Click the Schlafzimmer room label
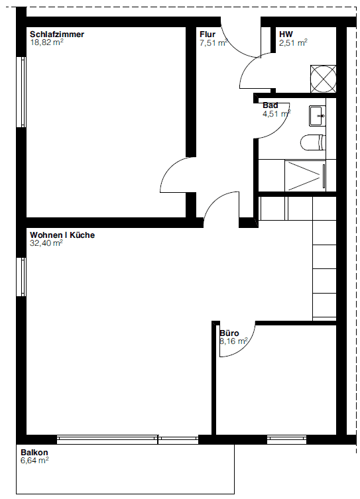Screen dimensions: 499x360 (x=57, y=34)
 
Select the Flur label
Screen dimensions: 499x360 (x=207, y=34)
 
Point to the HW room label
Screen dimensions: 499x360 (x=286, y=34)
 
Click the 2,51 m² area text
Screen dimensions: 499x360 (x=293, y=42)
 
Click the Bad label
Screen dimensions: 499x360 (x=270, y=105)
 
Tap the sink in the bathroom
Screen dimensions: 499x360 (x=317, y=115)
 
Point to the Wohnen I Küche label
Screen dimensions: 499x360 (x=62, y=235)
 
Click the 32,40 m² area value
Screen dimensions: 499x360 (x=46, y=243)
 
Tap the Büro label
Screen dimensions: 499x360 (x=229, y=333)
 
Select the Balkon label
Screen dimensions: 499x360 (x=34, y=453)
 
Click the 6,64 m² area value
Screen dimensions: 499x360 (x=34, y=461)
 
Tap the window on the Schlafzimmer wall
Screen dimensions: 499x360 (x=22, y=91)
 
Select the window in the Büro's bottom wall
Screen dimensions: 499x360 (x=286, y=439)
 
